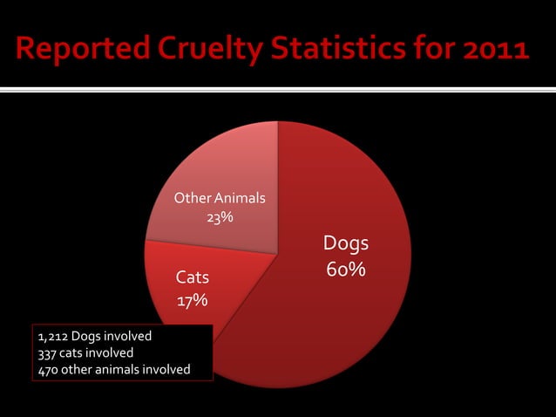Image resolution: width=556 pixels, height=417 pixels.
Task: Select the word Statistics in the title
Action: pyautogui.click(x=349, y=50)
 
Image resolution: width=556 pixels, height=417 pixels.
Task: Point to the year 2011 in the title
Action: pyautogui.click(x=496, y=50)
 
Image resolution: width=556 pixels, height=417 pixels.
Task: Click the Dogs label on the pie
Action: pyautogui.click(x=346, y=243)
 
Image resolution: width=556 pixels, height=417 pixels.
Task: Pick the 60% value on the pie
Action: pyautogui.click(x=346, y=270)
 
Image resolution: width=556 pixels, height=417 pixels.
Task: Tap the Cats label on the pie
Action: pyautogui.click(x=193, y=278)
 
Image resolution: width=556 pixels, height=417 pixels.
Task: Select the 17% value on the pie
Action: pyautogui.click(x=193, y=301)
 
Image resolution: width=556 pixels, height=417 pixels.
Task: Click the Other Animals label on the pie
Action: pyautogui.click(x=220, y=198)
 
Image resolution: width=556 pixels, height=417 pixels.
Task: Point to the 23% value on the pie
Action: pyautogui.click(x=219, y=217)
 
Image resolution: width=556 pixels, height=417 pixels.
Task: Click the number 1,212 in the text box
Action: pyautogui.click(x=52, y=336)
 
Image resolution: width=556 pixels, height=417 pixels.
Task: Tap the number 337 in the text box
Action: pyautogui.click(x=47, y=352)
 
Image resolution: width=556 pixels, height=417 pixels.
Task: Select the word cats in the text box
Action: pyautogui.click(x=73, y=352)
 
